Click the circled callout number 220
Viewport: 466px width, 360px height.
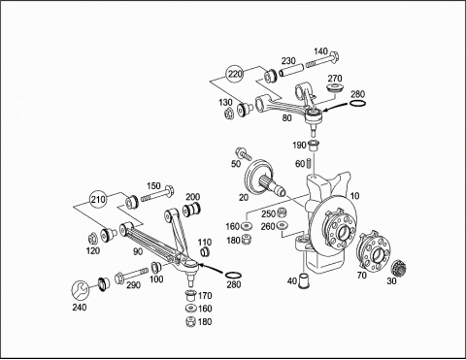235,74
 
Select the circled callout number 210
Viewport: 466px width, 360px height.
98,200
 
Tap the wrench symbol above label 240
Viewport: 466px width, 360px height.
80,290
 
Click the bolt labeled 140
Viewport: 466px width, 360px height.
322,60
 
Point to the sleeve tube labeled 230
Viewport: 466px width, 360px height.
291,71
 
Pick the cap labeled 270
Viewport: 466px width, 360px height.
334,88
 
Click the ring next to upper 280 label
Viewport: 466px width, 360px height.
358,104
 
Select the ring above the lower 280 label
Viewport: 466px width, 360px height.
233,276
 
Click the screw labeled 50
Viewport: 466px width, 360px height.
244,153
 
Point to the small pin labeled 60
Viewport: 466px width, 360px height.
309,162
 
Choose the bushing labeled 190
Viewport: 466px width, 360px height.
313,146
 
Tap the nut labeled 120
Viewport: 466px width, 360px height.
93,239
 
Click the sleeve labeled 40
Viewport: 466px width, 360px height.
304,280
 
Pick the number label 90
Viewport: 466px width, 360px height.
138,251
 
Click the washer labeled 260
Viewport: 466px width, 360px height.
283,225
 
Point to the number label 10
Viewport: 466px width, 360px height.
354,196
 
